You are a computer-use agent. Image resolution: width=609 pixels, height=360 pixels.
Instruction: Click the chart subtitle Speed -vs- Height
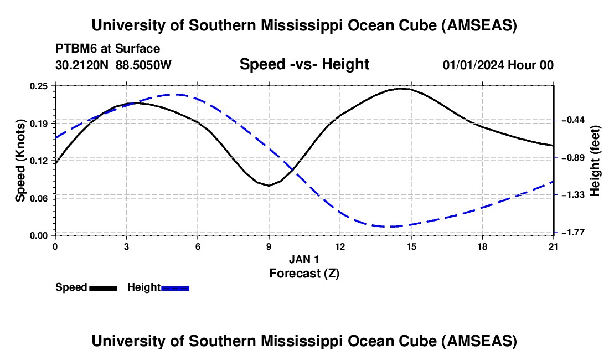pos(304,64)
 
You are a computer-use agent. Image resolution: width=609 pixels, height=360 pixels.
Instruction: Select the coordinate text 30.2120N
pos(82,65)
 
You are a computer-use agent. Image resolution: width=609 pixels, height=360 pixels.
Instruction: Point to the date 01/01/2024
pos(473,65)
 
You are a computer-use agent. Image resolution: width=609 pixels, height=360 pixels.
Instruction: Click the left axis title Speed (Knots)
pos(21,161)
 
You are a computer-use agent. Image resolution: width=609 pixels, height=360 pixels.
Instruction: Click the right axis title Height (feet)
pos(595,161)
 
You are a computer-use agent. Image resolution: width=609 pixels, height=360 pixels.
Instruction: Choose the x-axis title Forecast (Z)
pos(304,272)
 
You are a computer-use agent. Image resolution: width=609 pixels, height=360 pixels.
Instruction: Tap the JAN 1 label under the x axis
pos(304,259)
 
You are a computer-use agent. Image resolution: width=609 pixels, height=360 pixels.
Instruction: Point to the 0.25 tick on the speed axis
pos(39,86)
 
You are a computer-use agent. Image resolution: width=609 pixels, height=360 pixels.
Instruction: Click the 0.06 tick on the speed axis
pos(39,198)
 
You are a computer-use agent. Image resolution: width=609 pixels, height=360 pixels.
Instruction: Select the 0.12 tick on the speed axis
pos(39,160)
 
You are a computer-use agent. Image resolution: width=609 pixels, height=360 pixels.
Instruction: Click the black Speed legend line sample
pos(103,288)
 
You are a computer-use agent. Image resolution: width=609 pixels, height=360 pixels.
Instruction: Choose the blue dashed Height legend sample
pos(175,288)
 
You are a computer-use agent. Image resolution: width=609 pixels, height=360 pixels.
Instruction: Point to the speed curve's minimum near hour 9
pos(269,186)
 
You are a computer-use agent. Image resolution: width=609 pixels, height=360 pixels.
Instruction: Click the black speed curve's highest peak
pos(400,88)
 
